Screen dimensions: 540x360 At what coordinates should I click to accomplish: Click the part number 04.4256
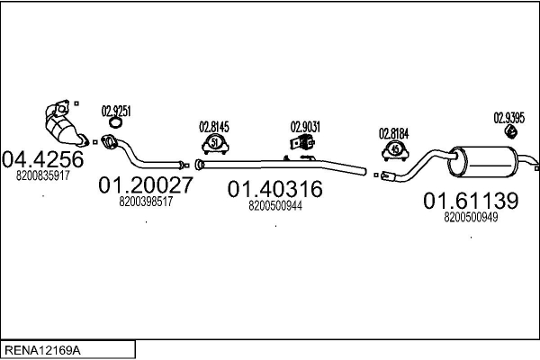click(x=42, y=159)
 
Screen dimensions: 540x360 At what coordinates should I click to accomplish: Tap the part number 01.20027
click(x=144, y=185)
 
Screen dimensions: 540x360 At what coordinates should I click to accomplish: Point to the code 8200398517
click(x=145, y=202)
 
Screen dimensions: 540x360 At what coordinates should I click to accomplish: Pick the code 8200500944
click(x=274, y=205)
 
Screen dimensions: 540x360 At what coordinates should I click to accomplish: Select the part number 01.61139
click(x=470, y=201)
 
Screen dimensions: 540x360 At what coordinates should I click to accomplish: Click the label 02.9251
click(x=116, y=111)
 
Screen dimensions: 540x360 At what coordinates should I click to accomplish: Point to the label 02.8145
click(x=214, y=127)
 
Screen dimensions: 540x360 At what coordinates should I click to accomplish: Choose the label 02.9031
click(x=303, y=127)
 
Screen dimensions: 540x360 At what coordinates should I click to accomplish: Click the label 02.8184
click(x=393, y=133)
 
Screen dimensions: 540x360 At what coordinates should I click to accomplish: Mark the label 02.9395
click(x=508, y=116)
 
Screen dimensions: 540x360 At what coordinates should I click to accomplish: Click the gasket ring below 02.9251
click(x=114, y=123)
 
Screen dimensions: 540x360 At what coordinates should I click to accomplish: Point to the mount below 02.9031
click(x=298, y=144)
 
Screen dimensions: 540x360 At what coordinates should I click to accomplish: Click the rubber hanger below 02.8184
click(x=393, y=148)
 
